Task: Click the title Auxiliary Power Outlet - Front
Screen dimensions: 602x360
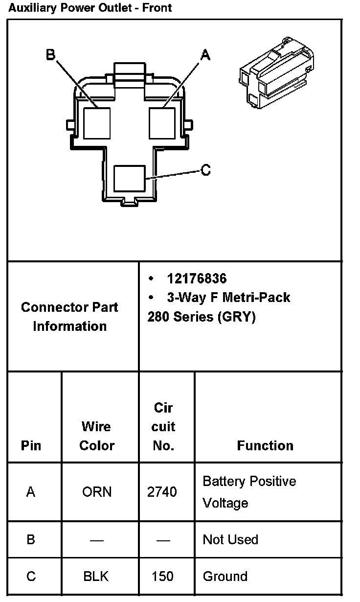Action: pyautogui.click(x=90, y=8)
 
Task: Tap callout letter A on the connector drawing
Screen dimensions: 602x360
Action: pyautogui.click(x=205, y=55)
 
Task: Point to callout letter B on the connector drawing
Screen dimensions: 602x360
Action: pyautogui.click(x=50, y=54)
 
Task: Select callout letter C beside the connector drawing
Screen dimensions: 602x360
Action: pyautogui.click(x=206, y=170)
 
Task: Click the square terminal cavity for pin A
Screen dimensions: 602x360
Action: pyautogui.click(x=162, y=122)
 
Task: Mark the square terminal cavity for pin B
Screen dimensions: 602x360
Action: pyautogui.click(x=97, y=122)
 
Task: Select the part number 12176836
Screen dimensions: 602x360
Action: pyautogui.click(x=197, y=278)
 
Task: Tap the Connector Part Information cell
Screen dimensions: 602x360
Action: pyautogui.click(x=69, y=317)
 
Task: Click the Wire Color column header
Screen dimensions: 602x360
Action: pyautogui.click(x=97, y=436)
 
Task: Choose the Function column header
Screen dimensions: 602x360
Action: pyautogui.click(x=265, y=445)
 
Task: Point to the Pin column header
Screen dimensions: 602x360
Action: pyautogui.click(x=31, y=445)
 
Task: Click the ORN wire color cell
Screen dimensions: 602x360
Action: pyautogui.click(x=97, y=492)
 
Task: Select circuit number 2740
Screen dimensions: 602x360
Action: pyautogui.click(x=162, y=492)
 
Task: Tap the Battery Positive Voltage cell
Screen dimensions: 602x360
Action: pyautogui.click(x=249, y=492)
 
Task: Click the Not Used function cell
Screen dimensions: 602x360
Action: pyautogui.click(x=230, y=539)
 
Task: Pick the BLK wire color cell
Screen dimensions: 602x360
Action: pyautogui.click(x=96, y=576)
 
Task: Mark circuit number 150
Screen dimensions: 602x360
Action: pyautogui.click(x=162, y=576)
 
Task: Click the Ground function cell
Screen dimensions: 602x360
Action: pyautogui.click(x=225, y=576)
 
